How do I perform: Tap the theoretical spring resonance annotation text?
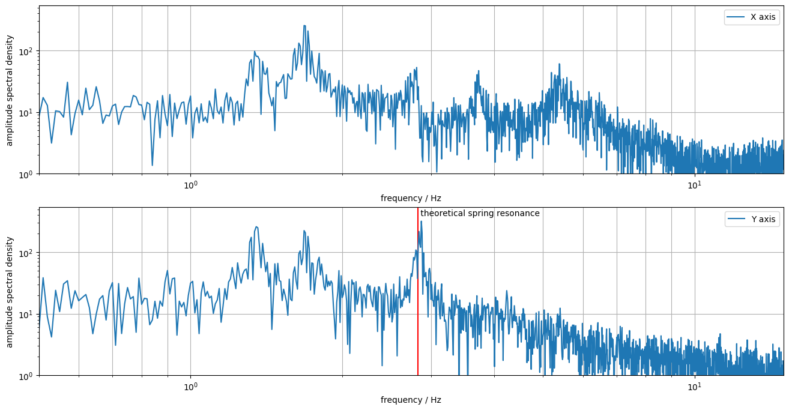(x=480, y=213)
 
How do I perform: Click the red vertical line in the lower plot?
(x=418, y=324)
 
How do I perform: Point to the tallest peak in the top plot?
(x=305, y=26)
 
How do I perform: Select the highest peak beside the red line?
(x=421, y=222)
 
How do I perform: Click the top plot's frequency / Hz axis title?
(x=411, y=198)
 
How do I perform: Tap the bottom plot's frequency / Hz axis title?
(x=411, y=400)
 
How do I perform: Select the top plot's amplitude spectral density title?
(x=9, y=90)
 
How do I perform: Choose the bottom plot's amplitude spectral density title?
(x=9, y=292)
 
